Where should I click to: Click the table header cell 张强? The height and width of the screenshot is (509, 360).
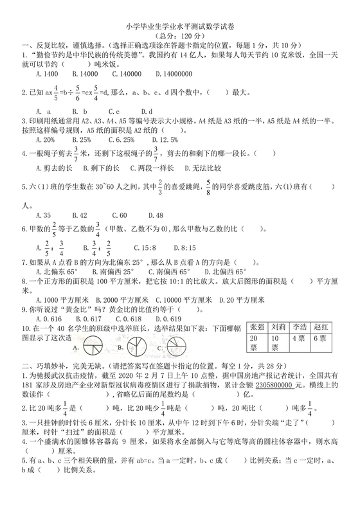256,328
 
